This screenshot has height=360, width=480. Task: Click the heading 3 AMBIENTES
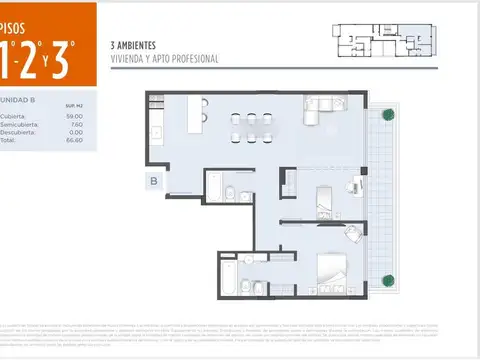pyautogui.click(x=135, y=46)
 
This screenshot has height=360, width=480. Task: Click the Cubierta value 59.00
pyautogui.click(x=75, y=116)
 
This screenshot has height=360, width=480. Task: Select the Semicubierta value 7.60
pyautogui.click(x=75, y=124)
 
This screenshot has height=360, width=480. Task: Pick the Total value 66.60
pyautogui.click(x=75, y=140)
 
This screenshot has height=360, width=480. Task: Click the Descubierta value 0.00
pyautogui.click(x=75, y=132)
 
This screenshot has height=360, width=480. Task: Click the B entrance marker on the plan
pyautogui.click(x=154, y=181)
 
